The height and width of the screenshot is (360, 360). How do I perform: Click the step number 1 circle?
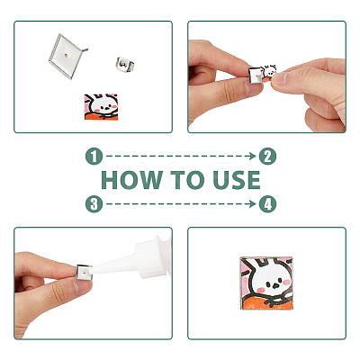(x=94, y=157)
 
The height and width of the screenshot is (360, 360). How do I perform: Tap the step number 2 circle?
(x=267, y=157)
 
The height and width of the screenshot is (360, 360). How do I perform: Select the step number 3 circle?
(x=94, y=204)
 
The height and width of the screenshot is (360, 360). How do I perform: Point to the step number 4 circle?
(x=267, y=204)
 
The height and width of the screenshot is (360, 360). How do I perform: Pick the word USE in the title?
(x=237, y=180)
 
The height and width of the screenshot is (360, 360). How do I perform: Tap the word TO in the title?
(x=188, y=180)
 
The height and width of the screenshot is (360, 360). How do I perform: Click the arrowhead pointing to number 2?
(x=252, y=156)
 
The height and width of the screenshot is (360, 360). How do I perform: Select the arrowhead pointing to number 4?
(x=252, y=204)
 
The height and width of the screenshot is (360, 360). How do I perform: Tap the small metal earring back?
(x=125, y=64)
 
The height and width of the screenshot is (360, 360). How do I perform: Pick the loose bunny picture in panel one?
(x=101, y=106)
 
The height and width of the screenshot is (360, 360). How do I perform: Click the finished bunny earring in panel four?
(x=266, y=283)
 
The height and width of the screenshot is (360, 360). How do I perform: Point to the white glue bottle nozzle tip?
(x=93, y=269)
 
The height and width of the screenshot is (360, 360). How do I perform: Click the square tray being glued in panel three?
(x=84, y=272)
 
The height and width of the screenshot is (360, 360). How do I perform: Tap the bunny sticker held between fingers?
(x=269, y=74)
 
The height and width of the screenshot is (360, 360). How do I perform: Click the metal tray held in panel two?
(x=256, y=76)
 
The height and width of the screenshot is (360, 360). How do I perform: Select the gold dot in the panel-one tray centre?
(x=67, y=55)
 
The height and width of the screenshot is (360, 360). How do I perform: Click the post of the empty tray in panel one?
(x=85, y=49)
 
